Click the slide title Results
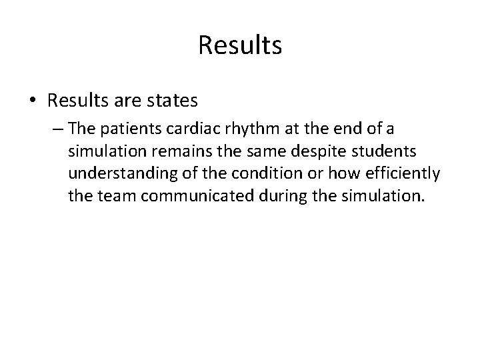[x=240, y=45]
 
